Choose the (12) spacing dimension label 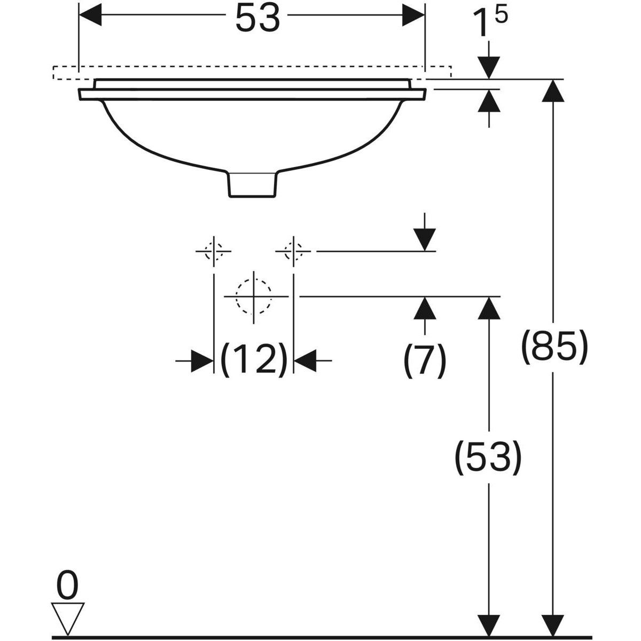tap(254, 359)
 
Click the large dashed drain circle tap(254, 295)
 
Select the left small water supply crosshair tap(214, 250)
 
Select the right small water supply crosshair tap(293, 250)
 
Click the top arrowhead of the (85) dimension tap(553, 90)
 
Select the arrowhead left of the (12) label tap(202, 361)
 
